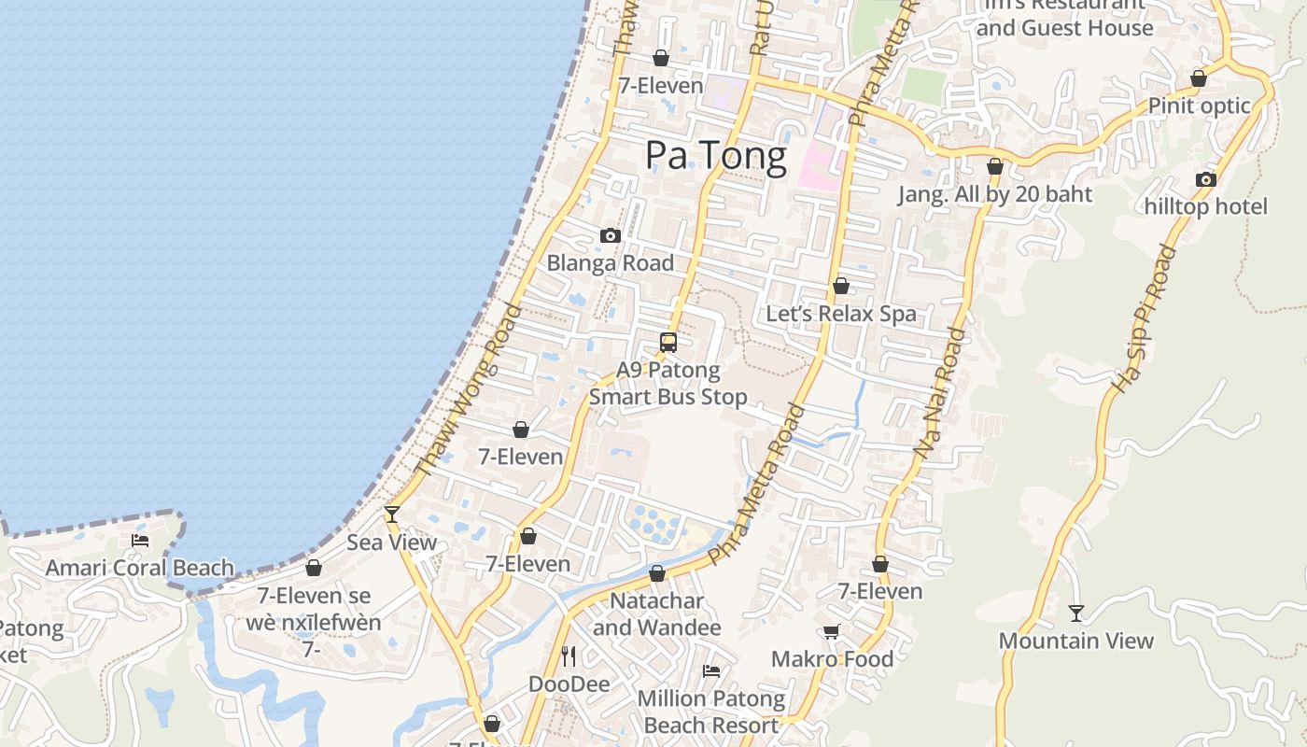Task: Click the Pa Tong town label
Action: [716, 156]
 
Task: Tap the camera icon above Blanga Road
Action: [611, 235]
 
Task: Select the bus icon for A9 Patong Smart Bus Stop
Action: [668, 342]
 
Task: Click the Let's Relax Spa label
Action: [841, 314]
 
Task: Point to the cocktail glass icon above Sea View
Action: [392, 514]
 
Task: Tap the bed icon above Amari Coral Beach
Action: [140, 540]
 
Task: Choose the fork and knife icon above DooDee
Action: [569, 656]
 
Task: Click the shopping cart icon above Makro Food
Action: [832, 631]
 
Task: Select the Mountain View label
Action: [1076, 641]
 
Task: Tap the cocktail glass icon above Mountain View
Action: [1076, 613]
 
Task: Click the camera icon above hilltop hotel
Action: [1206, 179]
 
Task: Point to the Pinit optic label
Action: [1199, 106]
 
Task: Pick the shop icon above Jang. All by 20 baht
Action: [995, 167]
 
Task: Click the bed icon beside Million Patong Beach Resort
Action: [711, 670]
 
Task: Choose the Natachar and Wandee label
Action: [657, 613]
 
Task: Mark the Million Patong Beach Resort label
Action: [711, 712]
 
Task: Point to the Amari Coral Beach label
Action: [140, 568]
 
